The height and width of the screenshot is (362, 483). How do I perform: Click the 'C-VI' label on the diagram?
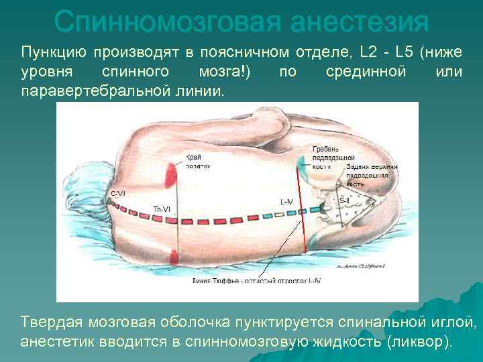tap(117, 194)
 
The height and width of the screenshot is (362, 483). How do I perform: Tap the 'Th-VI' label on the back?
tap(162, 209)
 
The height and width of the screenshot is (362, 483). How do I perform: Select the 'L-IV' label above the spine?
tap(286, 201)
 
